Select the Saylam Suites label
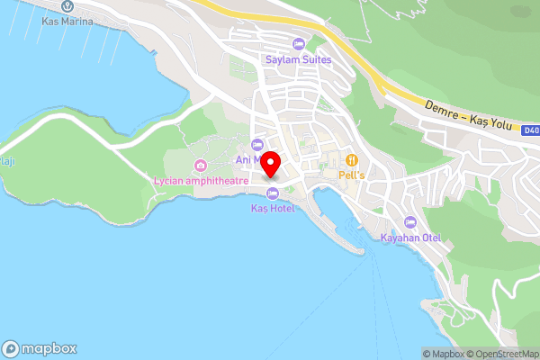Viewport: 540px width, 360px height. point(298,59)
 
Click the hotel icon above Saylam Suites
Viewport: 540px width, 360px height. point(298,45)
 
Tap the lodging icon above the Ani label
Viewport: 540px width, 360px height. point(258,145)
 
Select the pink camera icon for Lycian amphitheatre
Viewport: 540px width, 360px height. point(200,166)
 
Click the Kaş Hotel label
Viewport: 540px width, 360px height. point(272,208)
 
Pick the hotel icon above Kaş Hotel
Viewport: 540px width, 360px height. point(272,193)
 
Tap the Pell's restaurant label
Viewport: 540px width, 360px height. point(351,175)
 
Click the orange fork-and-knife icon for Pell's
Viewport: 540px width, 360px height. point(351,159)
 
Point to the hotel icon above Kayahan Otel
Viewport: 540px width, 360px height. point(410,222)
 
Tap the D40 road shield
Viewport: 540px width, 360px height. point(531,130)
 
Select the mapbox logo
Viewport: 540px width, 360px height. point(40,348)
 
